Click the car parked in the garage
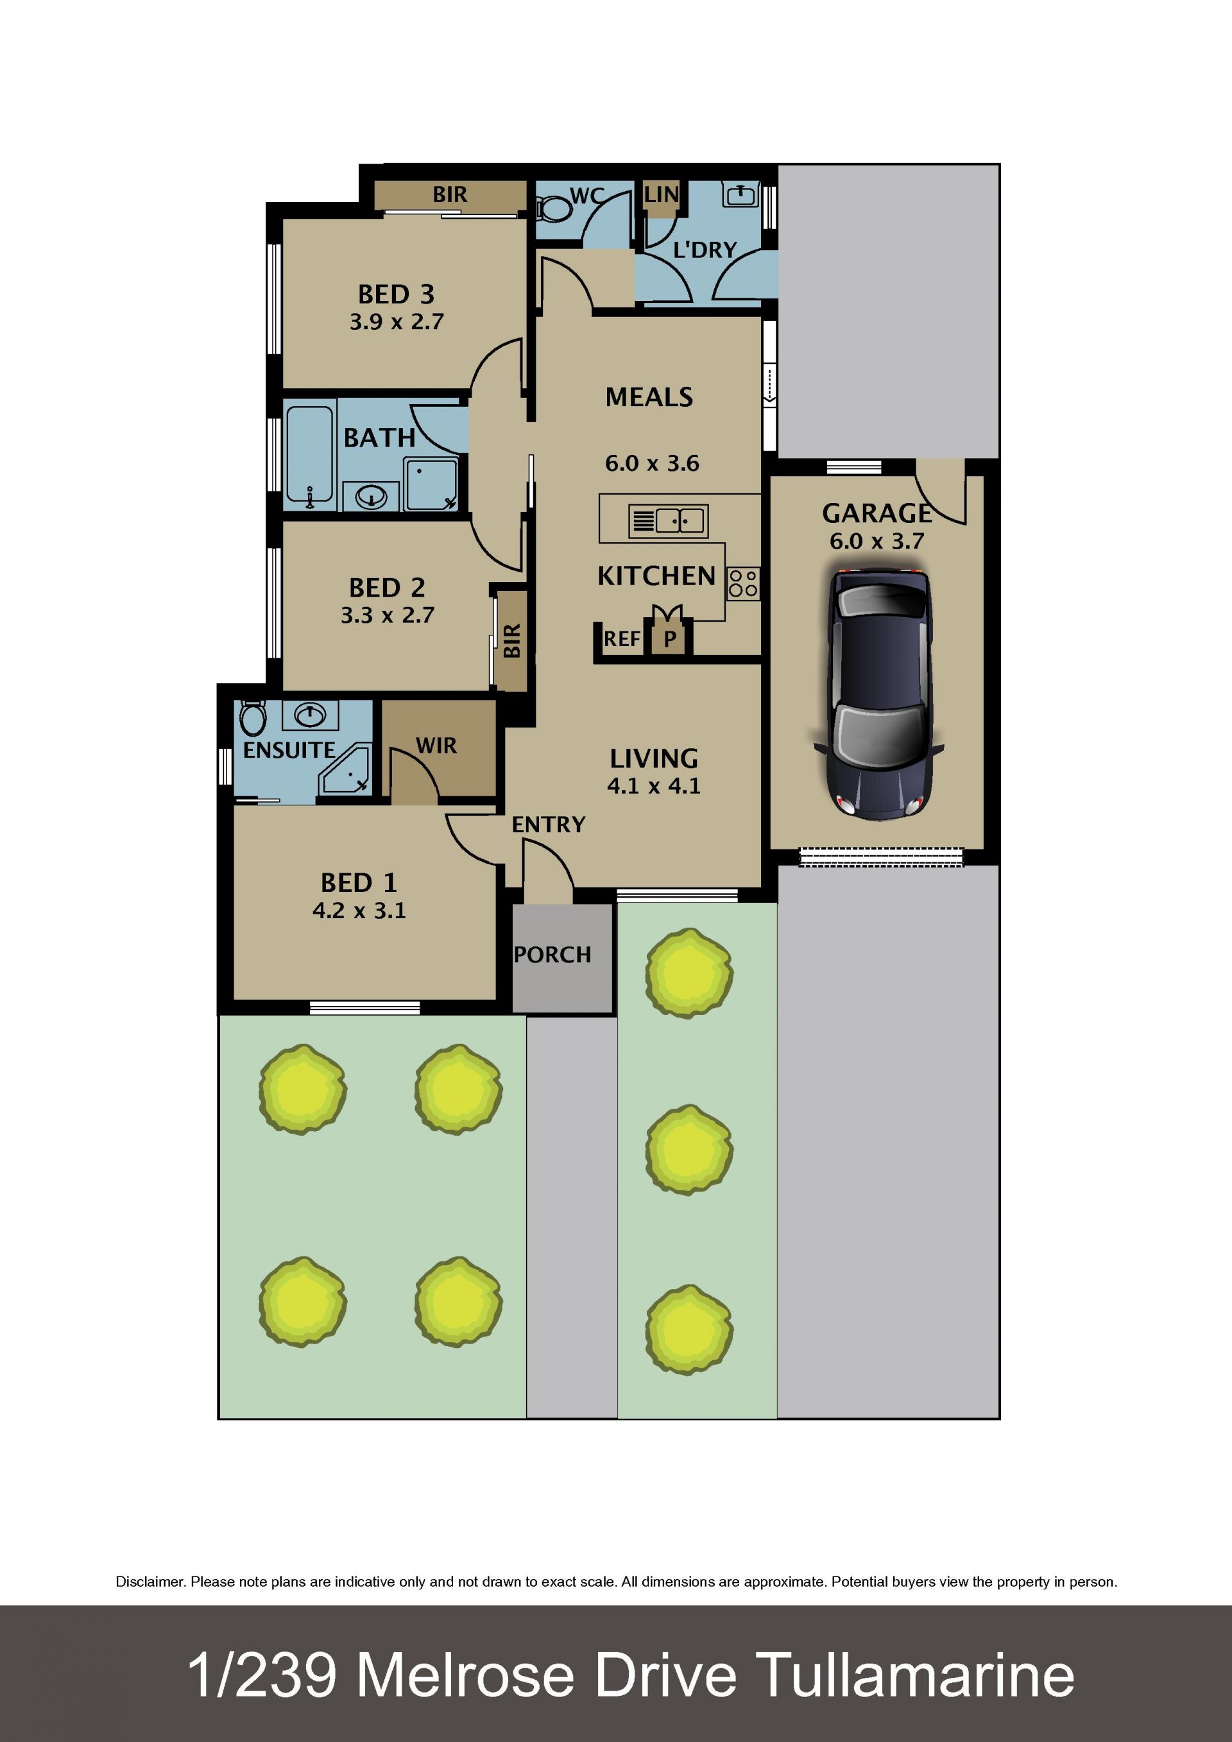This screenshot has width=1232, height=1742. tap(878, 694)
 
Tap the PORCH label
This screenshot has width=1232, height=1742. tap(552, 955)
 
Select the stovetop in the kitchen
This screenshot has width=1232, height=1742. tap(742, 583)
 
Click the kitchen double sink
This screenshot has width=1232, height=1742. tap(669, 521)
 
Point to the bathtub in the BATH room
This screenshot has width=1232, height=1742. tap(309, 455)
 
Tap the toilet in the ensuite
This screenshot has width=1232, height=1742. tap(253, 718)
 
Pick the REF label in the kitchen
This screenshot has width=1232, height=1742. tap(622, 640)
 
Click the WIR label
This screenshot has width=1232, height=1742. tap(436, 746)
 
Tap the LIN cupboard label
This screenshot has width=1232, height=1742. tap(662, 195)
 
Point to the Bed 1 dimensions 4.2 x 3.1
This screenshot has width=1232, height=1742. tap(359, 910)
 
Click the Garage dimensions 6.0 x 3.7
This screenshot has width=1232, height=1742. tap(877, 541)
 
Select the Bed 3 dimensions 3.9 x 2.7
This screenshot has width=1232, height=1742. tap(396, 321)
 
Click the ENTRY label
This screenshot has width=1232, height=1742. tap(549, 824)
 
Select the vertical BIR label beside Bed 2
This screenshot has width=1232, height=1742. tap(512, 640)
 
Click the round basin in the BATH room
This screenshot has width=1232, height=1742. tap(372, 497)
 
